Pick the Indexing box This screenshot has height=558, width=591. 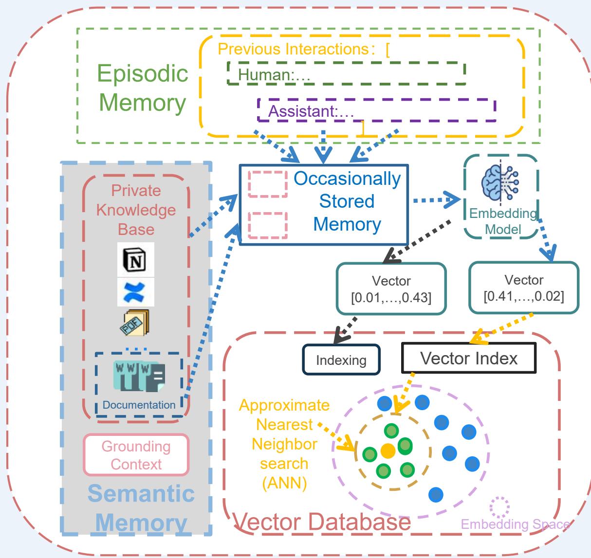341,360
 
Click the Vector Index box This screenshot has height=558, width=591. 469,359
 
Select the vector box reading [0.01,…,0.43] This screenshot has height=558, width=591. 391,289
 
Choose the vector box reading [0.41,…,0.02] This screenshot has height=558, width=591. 524,288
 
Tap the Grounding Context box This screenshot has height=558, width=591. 136,455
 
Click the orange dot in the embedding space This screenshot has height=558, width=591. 388,450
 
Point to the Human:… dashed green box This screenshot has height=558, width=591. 346,73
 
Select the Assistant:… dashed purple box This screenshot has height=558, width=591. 376,110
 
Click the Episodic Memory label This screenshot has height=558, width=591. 143,88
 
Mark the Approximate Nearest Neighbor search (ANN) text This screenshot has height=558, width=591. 284,445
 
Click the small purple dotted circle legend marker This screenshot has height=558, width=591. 499,507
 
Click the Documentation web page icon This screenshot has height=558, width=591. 139,376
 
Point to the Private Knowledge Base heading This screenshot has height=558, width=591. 136,210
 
